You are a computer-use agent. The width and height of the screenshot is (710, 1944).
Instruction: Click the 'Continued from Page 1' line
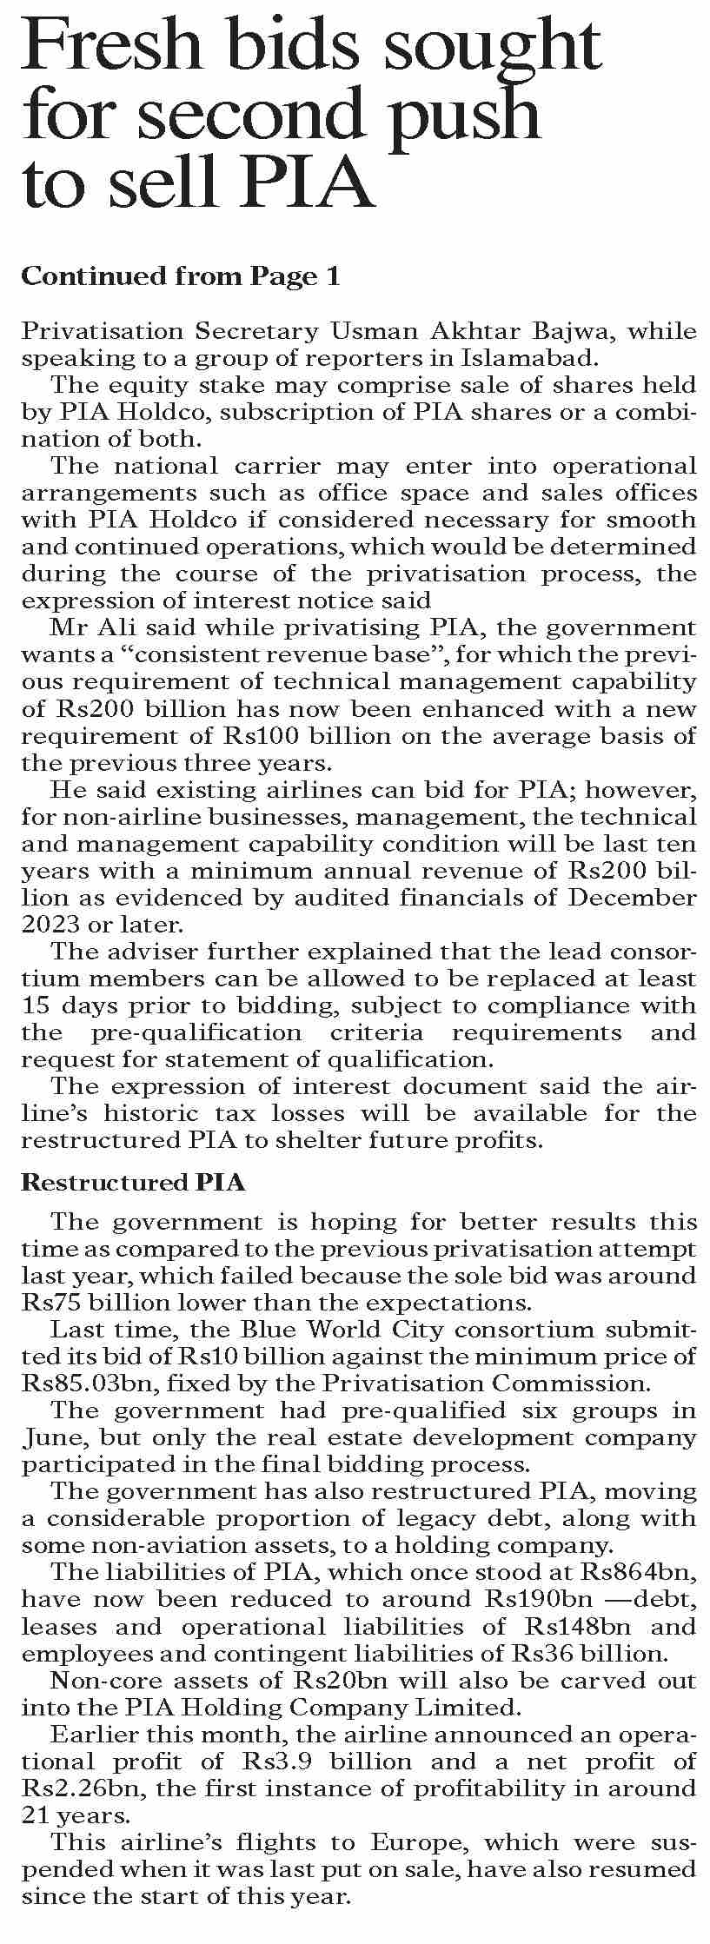[x=180, y=276]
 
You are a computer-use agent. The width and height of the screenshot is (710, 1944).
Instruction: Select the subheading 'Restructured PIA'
[x=133, y=1183]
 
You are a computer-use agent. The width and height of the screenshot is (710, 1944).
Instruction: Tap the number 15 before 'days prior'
[x=36, y=1005]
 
